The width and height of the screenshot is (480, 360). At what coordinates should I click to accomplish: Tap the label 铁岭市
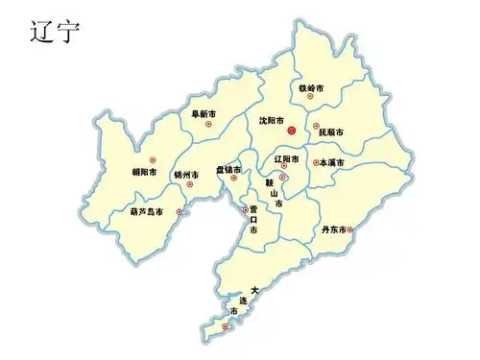coord(311,87)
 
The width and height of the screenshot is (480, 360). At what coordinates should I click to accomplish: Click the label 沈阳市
coord(271,120)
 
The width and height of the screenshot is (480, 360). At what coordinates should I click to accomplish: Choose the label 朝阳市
coord(145,173)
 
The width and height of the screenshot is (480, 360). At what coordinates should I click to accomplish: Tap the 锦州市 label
coord(185,175)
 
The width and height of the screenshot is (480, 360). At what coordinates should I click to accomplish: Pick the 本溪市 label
coord(333,163)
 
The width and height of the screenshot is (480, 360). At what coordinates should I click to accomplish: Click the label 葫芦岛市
coord(146,211)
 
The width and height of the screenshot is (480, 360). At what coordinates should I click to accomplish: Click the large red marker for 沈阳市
coord(292,130)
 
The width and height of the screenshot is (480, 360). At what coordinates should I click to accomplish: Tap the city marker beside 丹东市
coord(350,229)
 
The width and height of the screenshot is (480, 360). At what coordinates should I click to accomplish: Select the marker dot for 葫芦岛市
coord(179,211)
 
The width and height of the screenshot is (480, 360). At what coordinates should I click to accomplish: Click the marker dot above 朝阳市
coord(152,159)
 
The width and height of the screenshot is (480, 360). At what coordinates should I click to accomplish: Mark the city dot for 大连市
coord(226,327)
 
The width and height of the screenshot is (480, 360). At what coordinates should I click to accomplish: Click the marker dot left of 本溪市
coord(314,163)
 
